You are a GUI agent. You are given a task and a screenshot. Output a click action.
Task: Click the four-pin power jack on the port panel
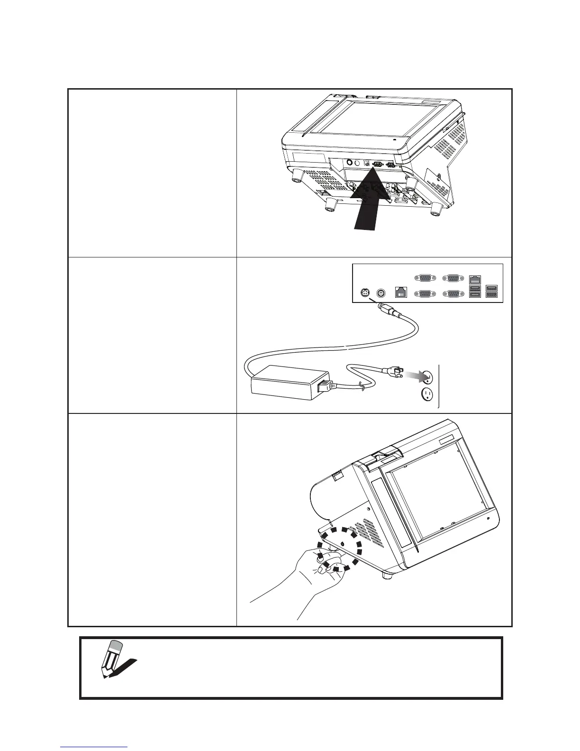[365, 293]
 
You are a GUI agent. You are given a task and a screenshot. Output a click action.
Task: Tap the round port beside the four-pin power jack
[380, 293]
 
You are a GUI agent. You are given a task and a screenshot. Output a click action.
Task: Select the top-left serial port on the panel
[423, 278]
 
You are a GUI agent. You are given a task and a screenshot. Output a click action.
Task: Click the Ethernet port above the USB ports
[474, 279]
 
